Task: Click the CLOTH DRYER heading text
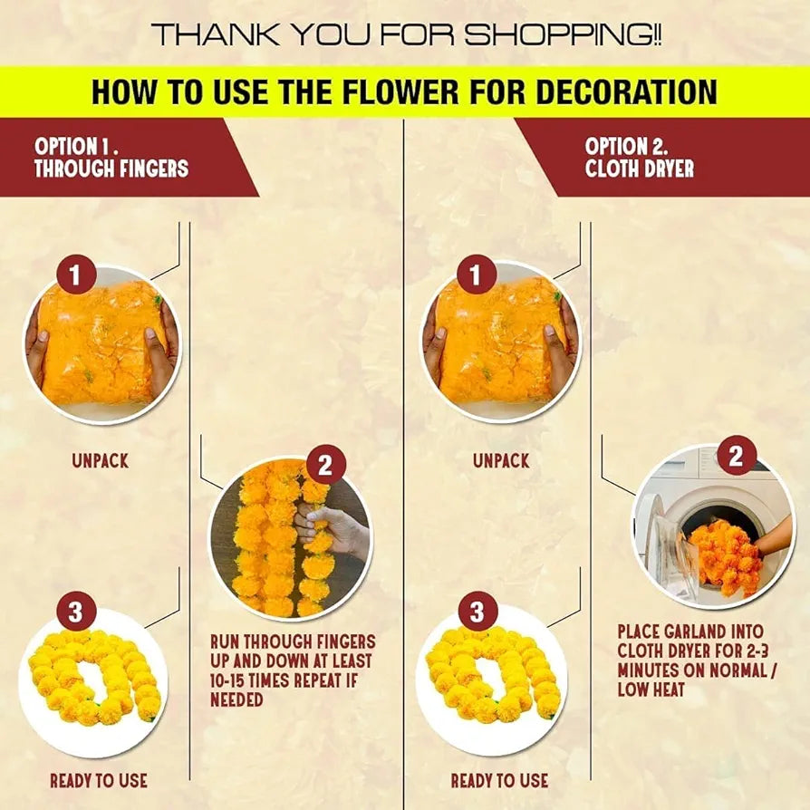coord(640,169)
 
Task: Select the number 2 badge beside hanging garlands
coord(325,467)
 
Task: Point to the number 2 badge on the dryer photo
coord(736,456)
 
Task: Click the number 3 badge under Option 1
coord(75,613)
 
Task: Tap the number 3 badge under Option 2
coord(477,613)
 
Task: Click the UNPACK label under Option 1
coord(101,461)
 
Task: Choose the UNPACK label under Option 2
coord(501,461)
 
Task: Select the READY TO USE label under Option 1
coord(98,780)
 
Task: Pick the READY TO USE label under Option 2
coord(499,780)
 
